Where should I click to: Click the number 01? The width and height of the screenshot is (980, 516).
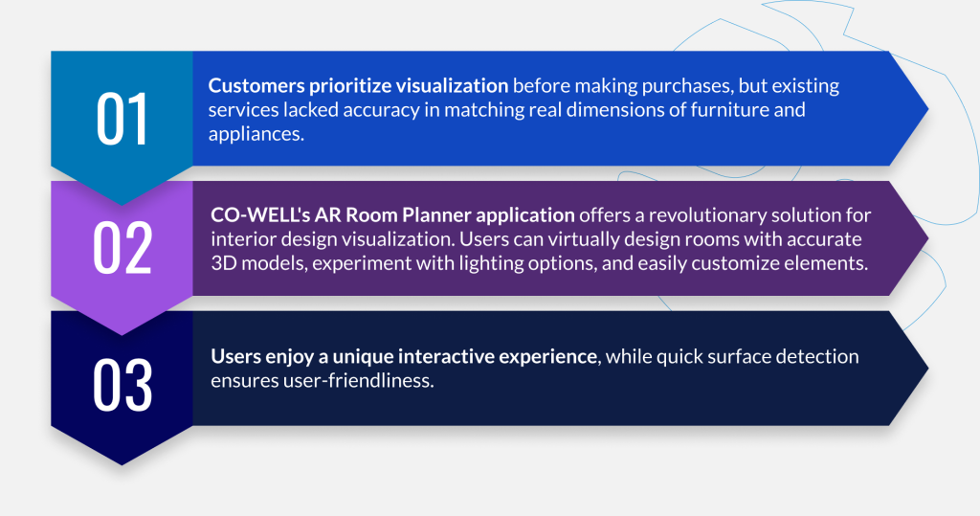tap(122, 119)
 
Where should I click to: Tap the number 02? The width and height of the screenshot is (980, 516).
tap(122, 248)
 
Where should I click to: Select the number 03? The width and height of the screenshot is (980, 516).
tap(122, 385)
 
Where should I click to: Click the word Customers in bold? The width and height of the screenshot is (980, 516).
tap(256, 86)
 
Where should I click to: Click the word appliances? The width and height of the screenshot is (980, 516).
tap(256, 134)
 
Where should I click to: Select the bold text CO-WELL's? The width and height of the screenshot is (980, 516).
tap(260, 215)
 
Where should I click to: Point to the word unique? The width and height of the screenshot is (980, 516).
tap(363, 357)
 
